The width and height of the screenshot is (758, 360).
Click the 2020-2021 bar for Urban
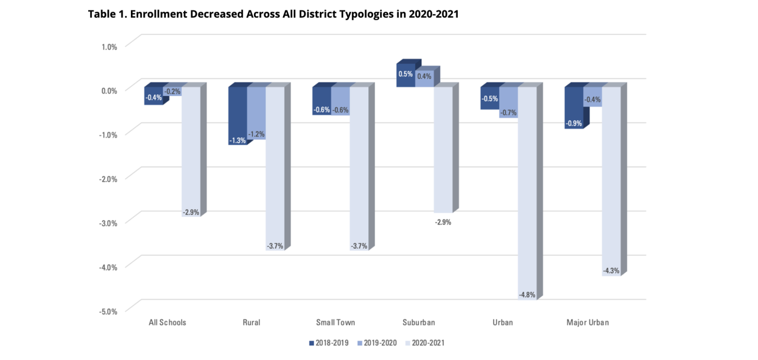[526, 189]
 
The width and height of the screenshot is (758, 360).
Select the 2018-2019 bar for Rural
[237, 112]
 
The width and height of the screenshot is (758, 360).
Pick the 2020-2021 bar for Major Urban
[611, 178]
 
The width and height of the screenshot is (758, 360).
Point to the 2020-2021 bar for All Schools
[191, 148]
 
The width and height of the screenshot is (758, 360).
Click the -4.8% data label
[526, 294]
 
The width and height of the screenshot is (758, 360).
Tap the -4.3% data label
[611, 271]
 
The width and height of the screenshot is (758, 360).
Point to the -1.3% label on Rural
[237, 140]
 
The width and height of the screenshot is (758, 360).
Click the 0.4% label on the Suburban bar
[424, 76]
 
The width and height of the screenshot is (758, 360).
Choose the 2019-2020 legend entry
[378, 343]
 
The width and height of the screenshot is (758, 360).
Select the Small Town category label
[335, 323]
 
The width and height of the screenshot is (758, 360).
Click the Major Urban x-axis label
[587, 323]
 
